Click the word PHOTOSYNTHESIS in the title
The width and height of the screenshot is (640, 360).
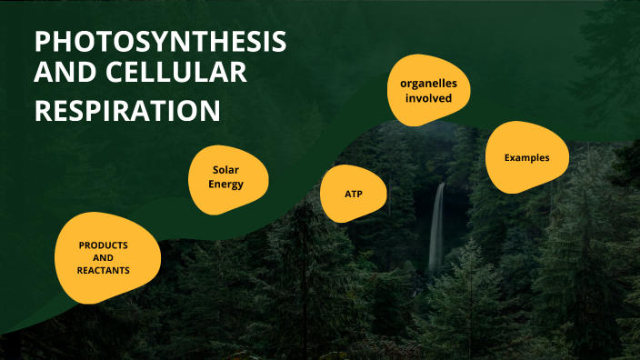click(x=160, y=42)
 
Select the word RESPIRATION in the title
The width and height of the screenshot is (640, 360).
click(x=127, y=110)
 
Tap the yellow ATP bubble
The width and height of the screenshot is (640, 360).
click(x=354, y=195)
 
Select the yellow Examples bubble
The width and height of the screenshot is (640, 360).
click(x=527, y=156)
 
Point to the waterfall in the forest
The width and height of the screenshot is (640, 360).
click(x=437, y=227)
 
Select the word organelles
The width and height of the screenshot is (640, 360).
click(x=435, y=84)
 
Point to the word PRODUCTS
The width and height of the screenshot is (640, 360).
click(x=103, y=245)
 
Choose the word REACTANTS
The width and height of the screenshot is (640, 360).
click(x=103, y=271)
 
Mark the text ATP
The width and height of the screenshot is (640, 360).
click(x=354, y=195)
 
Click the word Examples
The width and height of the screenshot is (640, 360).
click(x=527, y=157)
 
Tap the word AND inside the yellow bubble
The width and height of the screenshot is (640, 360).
click(x=103, y=258)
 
